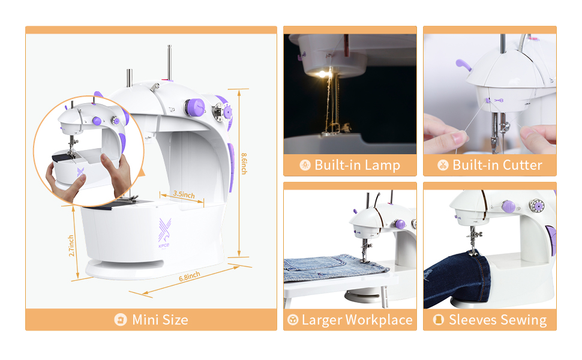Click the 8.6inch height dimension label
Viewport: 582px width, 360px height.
tap(244, 163)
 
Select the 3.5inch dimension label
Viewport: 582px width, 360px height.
tap(184, 194)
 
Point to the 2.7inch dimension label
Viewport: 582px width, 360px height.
tap(72, 245)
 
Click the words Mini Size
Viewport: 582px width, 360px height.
tap(160, 320)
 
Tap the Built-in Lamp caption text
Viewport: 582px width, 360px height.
tap(357, 165)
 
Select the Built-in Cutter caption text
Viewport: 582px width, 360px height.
tap(497, 165)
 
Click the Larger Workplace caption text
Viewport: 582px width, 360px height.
tap(357, 320)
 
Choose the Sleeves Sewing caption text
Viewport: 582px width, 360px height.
tap(497, 320)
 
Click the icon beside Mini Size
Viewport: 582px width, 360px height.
tap(121, 320)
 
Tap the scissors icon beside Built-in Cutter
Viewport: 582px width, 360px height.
tap(443, 165)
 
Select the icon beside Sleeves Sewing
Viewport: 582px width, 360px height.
tap(439, 320)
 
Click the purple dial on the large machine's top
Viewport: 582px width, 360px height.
tap(194, 108)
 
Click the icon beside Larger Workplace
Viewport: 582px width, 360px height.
tap(293, 320)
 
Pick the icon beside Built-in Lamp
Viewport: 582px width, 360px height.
tap(305, 165)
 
